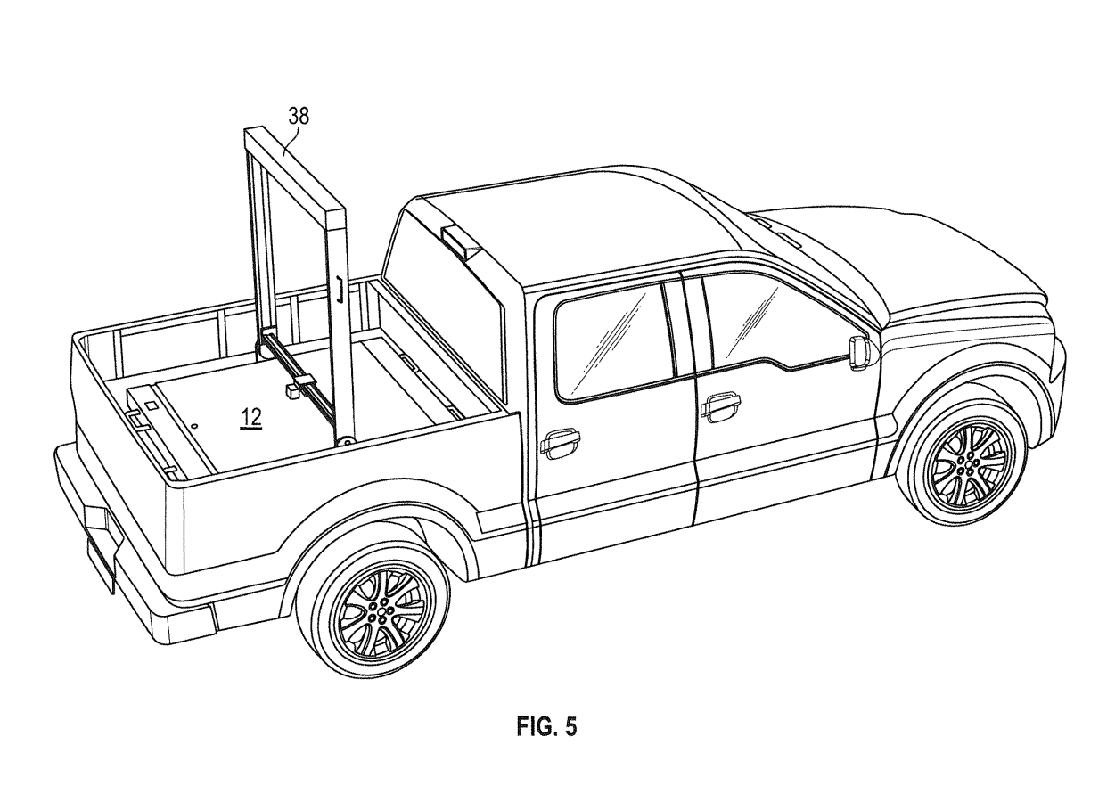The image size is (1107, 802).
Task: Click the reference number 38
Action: pyautogui.click(x=299, y=116)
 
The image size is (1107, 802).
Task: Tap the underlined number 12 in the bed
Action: pyautogui.click(x=251, y=418)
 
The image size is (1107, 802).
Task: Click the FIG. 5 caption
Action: pyautogui.click(x=546, y=727)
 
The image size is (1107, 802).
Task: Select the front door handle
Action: pyautogui.click(x=721, y=407)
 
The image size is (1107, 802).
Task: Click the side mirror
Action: pyautogui.click(x=860, y=353)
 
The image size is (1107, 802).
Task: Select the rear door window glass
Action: pyautogui.click(x=614, y=340)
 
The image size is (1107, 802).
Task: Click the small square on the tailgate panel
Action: pyautogui.click(x=151, y=405)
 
